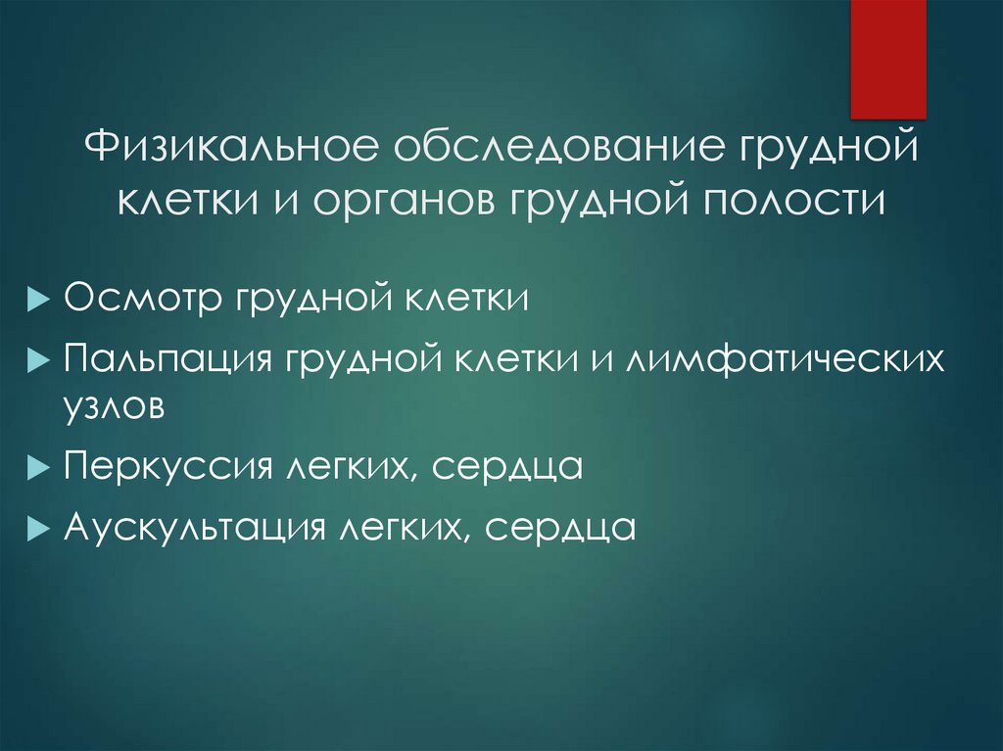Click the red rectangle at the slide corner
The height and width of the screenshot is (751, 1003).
coord(887,59)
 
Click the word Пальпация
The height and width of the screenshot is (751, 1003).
coord(167,359)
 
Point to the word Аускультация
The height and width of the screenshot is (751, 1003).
coord(193,528)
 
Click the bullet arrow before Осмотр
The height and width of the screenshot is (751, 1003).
coord(37,299)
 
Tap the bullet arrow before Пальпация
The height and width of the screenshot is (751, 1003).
coord(37,360)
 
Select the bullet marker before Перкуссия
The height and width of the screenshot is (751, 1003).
coord(37,467)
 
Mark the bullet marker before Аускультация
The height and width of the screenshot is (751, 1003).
coord(37,529)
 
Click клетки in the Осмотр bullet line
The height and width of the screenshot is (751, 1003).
coord(464,298)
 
